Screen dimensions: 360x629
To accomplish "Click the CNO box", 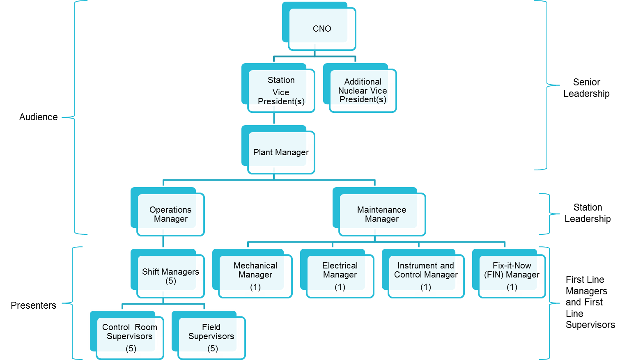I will [x=321, y=29].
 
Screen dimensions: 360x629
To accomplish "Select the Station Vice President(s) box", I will [x=281, y=91].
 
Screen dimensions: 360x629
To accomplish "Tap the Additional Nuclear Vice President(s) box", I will [x=363, y=91].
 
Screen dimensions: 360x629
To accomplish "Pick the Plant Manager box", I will [x=281, y=152].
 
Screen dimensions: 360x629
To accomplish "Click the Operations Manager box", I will [x=170, y=214].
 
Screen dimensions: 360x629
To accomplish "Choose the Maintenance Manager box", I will [x=381, y=214].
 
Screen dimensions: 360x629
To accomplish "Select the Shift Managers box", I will [x=170, y=276].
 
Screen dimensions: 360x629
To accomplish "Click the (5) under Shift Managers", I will [x=171, y=281].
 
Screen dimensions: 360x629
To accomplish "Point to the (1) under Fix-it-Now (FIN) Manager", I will [x=512, y=287].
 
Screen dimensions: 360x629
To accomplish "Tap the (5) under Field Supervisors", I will [x=212, y=349].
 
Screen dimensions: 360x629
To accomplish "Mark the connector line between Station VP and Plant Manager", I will [x=274, y=118].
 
